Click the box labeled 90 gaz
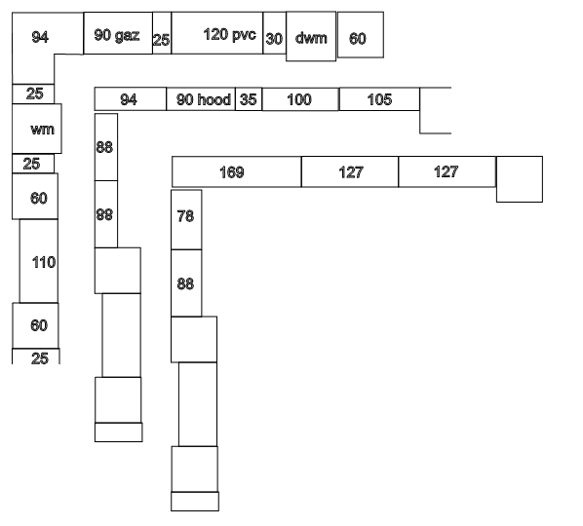[x=118, y=33]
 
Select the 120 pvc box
[x=217, y=33]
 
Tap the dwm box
[x=311, y=36]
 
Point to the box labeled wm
[x=37, y=129]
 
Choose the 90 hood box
[x=201, y=99]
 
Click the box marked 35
[x=249, y=99]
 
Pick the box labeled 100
[x=300, y=99]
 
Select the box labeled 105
[x=379, y=99]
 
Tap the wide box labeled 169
[x=237, y=171]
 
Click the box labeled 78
[x=186, y=219]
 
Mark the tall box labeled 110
[x=39, y=261]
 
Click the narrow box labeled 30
[x=274, y=33]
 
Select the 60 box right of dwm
[x=361, y=34]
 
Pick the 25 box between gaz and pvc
[x=162, y=33]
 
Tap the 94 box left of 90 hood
[x=130, y=99]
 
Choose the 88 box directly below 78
[x=186, y=283]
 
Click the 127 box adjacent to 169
[x=350, y=171]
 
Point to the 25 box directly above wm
[x=33, y=94]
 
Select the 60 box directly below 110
[x=36, y=325]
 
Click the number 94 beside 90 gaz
[x=40, y=37]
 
